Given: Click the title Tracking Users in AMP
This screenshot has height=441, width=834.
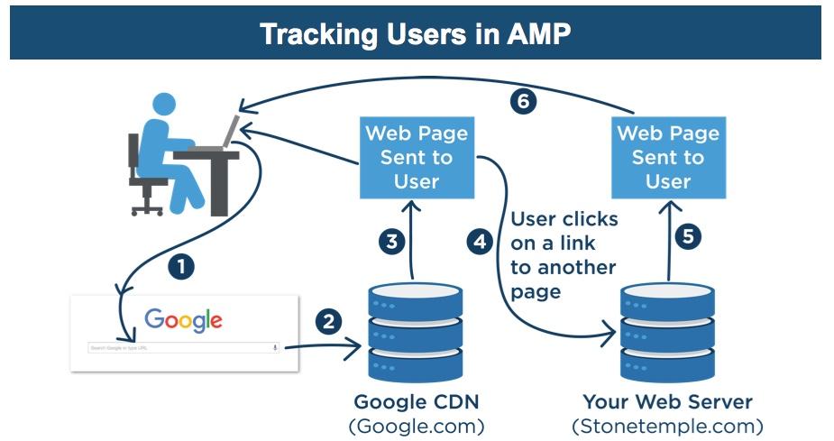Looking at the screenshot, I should [x=416, y=34].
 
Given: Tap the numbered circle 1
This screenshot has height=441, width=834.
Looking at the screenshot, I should [x=182, y=266].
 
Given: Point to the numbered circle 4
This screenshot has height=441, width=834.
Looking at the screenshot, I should [x=480, y=242].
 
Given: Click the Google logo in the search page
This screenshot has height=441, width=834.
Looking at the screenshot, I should [x=183, y=319].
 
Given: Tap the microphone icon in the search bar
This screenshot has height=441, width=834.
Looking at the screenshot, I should [x=274, y=347].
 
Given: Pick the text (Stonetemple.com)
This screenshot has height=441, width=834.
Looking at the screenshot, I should [x=667, y=425].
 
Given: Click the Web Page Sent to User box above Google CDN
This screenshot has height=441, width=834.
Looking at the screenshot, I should [x=416, y=157].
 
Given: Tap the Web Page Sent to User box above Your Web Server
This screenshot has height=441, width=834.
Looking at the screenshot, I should [x=667, y=157].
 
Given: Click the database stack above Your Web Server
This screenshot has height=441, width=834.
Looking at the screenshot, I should [x=667, y=331].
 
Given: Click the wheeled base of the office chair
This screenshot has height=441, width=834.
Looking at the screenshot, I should [x=146, y=206].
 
